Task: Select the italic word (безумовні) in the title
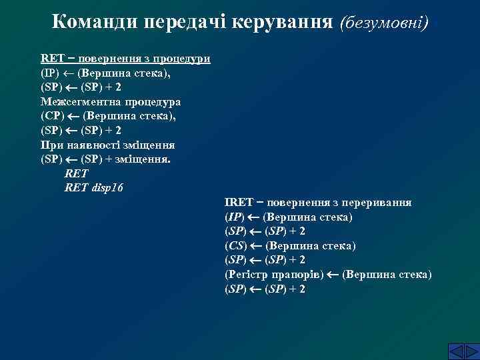(384, 23)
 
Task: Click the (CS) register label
(236, 246)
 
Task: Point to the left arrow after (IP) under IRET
(254, 217)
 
